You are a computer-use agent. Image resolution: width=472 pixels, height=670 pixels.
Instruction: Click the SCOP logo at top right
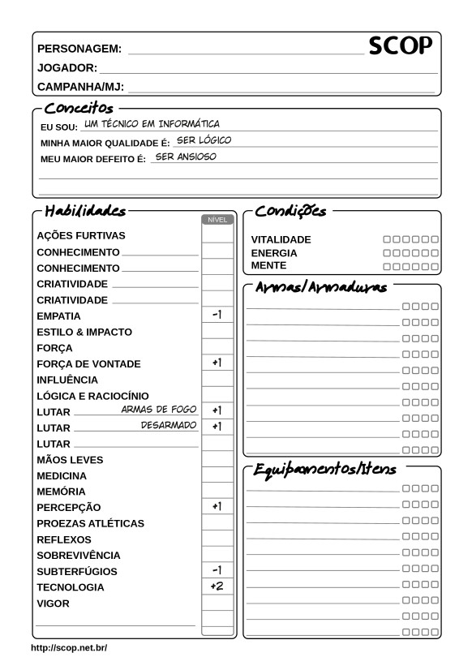401,47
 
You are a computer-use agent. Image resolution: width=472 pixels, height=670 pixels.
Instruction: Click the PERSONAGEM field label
79,49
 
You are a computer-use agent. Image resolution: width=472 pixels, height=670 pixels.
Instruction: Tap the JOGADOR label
68,67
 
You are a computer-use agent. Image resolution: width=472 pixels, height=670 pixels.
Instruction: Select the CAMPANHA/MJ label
80,86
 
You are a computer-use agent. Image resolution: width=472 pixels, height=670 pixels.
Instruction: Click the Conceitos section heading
79,107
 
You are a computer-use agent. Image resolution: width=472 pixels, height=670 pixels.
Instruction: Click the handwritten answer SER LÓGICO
204,140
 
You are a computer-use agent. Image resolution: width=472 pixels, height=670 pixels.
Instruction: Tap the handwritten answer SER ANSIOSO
186,157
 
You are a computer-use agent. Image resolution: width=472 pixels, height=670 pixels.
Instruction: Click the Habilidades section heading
85,211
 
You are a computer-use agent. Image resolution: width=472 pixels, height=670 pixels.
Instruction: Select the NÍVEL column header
217,219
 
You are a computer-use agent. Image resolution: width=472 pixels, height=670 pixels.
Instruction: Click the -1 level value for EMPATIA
217,315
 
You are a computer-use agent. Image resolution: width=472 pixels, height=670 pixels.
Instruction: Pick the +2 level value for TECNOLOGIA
217,586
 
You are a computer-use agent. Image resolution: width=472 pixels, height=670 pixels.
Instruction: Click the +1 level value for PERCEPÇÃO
217,506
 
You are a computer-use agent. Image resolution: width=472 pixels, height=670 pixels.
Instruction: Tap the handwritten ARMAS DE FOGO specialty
159,410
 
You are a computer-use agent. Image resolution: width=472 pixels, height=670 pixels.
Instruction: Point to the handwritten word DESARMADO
169,425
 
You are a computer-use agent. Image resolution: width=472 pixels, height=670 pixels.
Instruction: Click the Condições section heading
290,211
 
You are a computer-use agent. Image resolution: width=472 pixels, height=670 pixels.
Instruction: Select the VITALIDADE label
281,240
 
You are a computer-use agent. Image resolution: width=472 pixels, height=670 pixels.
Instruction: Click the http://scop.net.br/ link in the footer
69,648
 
